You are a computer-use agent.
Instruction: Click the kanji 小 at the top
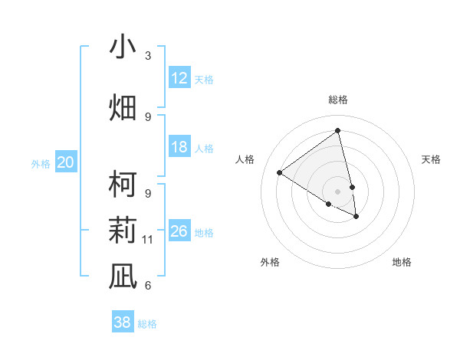point(123,47)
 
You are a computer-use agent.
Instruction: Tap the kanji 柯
point(123,184)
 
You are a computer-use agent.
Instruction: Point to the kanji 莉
point(123,229)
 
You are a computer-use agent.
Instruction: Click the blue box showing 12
point(179,78)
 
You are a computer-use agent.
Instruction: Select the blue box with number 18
point(179,147)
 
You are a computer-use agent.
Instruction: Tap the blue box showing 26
point(179,231)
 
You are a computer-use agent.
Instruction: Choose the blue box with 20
point(66,162)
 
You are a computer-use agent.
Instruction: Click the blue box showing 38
point(123,322)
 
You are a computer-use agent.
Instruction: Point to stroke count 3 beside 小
point(148,56)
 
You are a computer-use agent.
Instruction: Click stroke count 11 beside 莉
point(148,240)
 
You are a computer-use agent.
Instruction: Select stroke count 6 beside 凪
point(148,286)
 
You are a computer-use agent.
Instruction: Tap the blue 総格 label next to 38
point(147,324)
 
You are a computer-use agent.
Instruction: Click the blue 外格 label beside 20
point(41,164)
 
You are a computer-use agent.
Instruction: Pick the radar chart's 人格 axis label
point(245,159)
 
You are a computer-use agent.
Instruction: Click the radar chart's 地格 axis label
point(402,262)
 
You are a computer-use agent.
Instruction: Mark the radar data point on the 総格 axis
point(337,131)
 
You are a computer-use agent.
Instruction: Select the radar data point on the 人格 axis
point(280,172)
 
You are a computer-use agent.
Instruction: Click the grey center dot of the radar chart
point(337,191)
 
